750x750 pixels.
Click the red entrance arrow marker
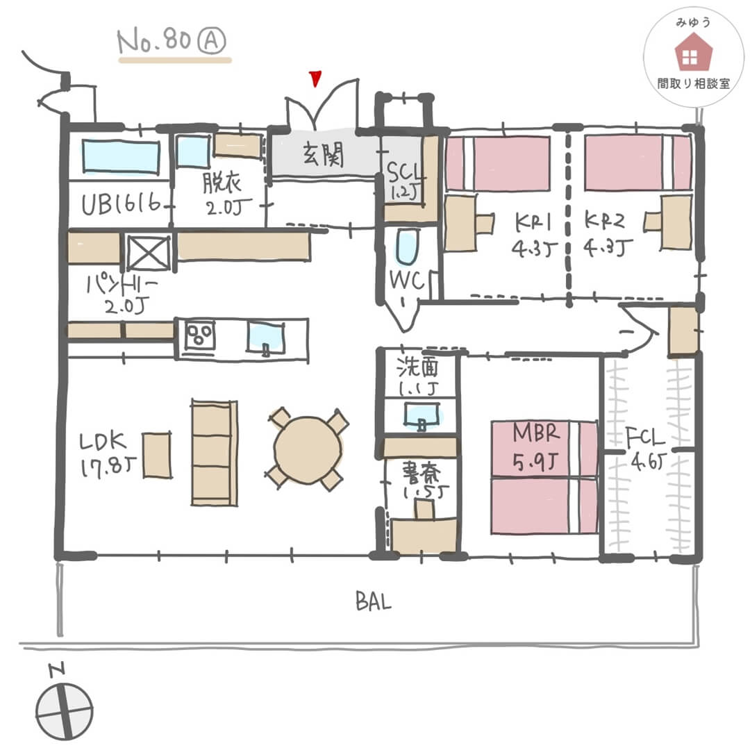(316, 78)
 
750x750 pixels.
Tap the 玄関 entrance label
(322, 156)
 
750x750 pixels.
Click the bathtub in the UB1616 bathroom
(121, 156)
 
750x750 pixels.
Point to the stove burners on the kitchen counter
(200, 337)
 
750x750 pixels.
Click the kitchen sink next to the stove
(266, 337)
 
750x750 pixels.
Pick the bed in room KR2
(637, 162)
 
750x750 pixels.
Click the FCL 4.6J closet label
(646, 449)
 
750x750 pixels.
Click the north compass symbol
(64, 712)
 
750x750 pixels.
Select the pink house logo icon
(689, 55)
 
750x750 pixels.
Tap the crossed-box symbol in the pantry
(149, 253)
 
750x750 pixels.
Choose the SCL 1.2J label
(402, 180)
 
